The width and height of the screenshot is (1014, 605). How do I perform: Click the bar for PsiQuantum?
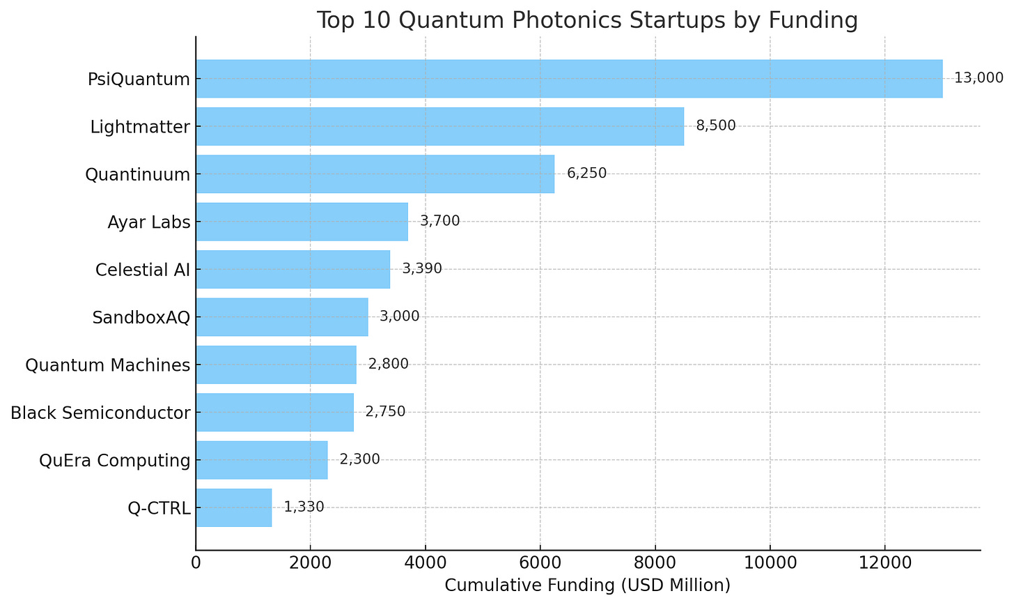click(570, 78)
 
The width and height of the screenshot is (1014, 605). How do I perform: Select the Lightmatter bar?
click(440, 126)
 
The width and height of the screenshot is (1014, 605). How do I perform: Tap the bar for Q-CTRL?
click(234, 507)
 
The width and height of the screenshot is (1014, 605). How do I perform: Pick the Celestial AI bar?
click(293, 269)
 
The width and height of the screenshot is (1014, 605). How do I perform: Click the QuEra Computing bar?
click(262, 460)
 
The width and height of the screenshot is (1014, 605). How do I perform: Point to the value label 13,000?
click(978, 78)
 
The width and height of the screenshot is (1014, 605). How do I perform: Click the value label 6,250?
click(586, 173)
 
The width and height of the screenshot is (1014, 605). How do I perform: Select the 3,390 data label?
click(422, 268)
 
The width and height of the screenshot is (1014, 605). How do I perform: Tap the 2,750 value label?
click(385, 411)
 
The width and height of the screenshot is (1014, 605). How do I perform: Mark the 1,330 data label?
click(304, 507)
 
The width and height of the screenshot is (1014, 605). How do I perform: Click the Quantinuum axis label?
click(138, 174)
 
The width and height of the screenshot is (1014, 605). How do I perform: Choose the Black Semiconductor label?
click(100, 413)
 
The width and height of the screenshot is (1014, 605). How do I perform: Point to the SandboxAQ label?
click(141, 318)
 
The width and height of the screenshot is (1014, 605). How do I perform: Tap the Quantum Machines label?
click(108, 365)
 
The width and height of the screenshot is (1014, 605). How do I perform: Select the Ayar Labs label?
click(149, 222)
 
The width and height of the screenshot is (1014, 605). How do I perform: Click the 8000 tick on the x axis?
click(655, 563)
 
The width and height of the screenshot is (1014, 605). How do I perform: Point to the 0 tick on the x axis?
click(196, 563)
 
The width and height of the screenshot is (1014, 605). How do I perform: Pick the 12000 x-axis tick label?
click(885, 563)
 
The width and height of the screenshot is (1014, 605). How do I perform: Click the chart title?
click(587, 20)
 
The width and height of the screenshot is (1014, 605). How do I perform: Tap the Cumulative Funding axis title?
click(588, 585)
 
